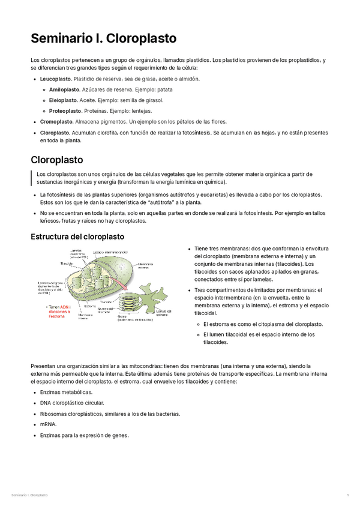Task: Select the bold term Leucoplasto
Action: [x=55, y=79]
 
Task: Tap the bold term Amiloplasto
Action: [x=65, y=89]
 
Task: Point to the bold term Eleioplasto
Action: [x=64, y=100]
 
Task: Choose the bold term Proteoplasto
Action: [x=65, y=111]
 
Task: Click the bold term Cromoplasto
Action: [x=56, y=122]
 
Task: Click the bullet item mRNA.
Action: [x=48, y=424]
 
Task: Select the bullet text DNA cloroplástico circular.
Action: [x=72, y=403]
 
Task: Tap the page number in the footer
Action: [x=348, y=495]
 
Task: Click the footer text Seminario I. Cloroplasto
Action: [x=30, y=495]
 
